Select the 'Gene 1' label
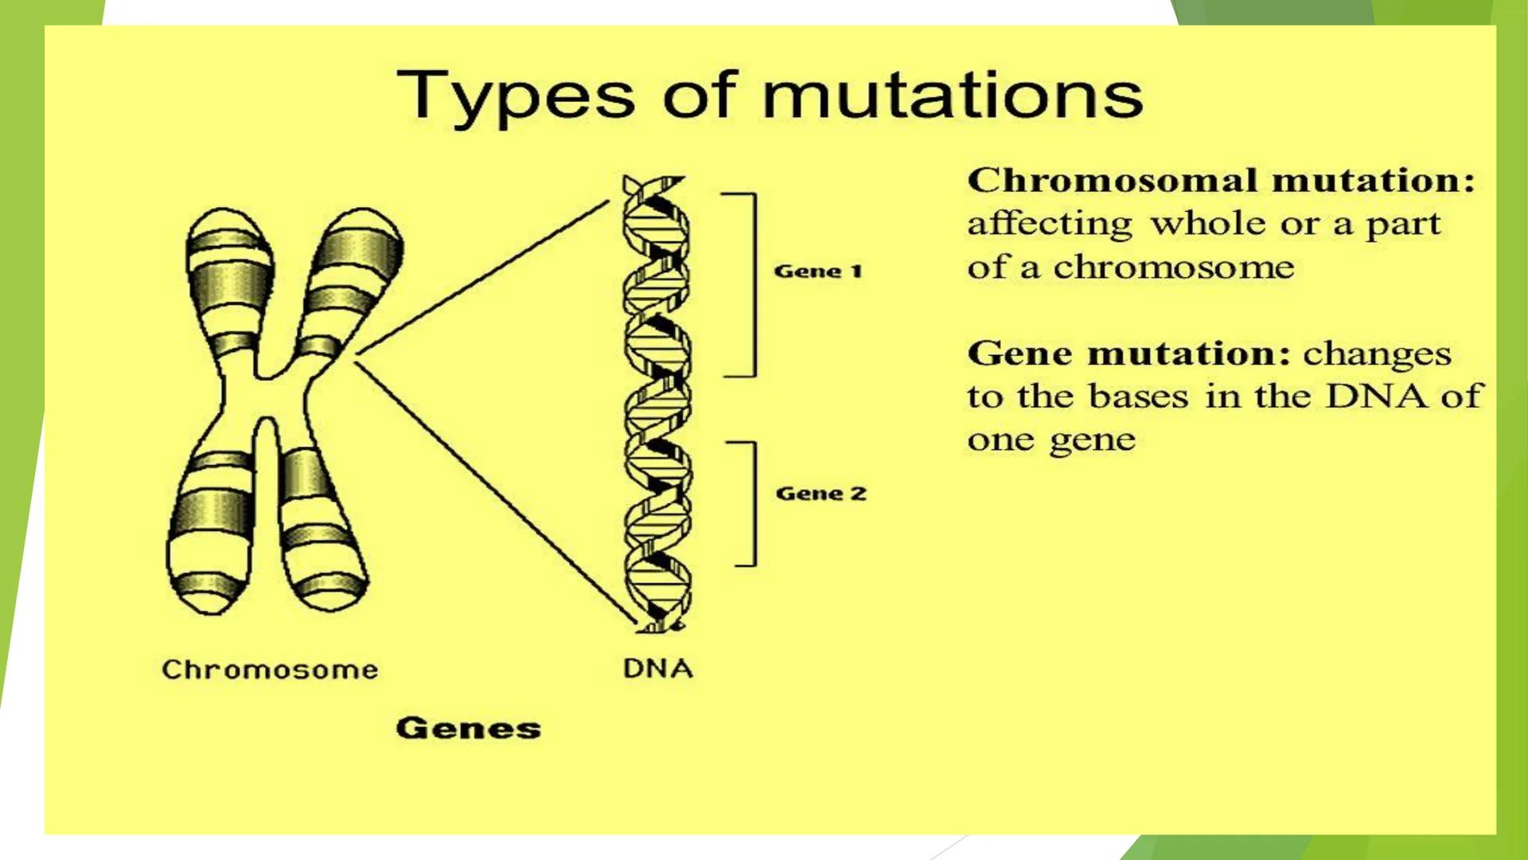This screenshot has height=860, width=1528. click(x=818, y=272)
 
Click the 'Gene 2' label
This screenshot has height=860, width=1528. click(x=821, y=494)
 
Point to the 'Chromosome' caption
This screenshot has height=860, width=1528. click(x=270, y=670)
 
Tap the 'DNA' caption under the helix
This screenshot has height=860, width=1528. click(x=657, y=668)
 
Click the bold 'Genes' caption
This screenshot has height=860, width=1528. click(x=468, y=728)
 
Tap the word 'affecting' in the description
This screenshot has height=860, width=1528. click(x=1049, y=225)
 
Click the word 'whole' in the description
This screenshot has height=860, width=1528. click(x=1208, y=225)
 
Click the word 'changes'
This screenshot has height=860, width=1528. click(x=1377, y=354)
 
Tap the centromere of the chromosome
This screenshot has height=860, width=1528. click(x=267, y=390)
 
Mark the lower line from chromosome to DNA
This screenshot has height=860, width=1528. click(x=493, y=491)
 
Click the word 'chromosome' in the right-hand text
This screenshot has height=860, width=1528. click(x=1174, y=268)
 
